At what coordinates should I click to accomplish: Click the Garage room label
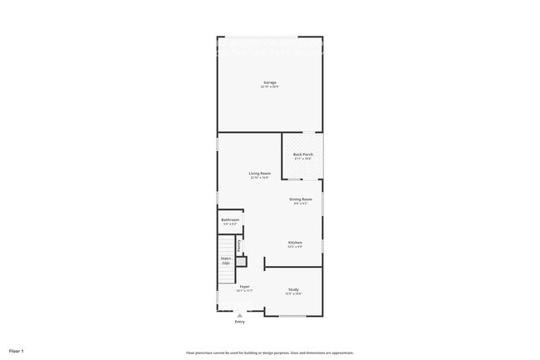(269, 82)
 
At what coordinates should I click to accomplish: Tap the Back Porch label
(302, 155)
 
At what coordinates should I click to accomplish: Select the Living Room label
(260, 173)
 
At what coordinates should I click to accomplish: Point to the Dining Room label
(301, 199)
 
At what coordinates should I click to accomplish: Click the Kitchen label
(295, 242)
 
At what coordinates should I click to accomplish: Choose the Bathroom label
(230, 219)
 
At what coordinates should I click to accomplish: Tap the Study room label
(293, 289)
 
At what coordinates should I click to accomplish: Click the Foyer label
(243, 287)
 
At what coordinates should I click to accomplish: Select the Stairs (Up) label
(226, 260)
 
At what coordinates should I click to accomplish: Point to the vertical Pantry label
(239, 246)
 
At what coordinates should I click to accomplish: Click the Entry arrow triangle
(240, 315)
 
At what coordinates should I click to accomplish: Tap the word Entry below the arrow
(240, 322)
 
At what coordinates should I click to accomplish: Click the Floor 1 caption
(17, 350)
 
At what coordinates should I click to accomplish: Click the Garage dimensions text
(269, 86)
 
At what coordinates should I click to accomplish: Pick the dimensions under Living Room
(260, 178)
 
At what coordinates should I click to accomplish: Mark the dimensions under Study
(293, 293)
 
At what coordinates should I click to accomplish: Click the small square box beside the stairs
(241, 262)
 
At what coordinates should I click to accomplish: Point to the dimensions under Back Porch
(302, 159)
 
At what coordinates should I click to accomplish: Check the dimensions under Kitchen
(295, 246)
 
